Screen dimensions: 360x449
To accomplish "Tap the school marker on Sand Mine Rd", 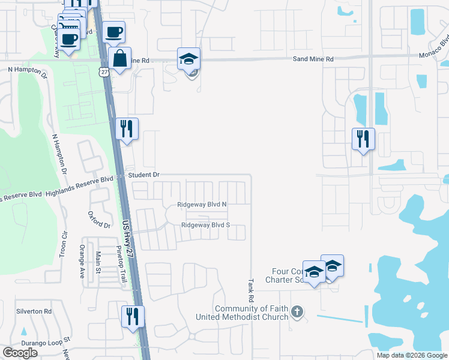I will [x=188, y=59].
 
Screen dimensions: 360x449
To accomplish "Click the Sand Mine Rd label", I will [x=313, y=60].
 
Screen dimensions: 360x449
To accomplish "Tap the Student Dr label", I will [x=143, y=175].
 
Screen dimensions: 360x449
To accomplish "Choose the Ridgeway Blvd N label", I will [x=202, y=205].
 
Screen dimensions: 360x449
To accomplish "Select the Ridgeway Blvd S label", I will [x=206, y=226].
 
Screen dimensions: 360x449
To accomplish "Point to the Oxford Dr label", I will [x=99, y=220].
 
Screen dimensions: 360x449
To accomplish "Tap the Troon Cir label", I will [x=62, y=245].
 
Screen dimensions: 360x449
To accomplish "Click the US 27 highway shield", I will [x=104, y=71].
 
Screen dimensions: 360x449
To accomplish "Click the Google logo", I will [x=20, y=353].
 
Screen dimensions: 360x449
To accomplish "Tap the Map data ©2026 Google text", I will [x=411, y=355].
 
